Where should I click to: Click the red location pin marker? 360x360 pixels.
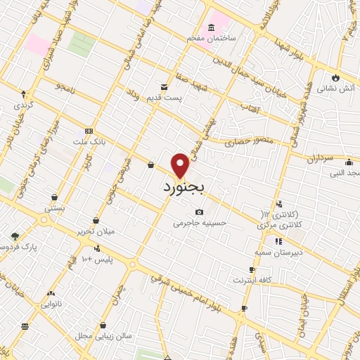tap(181, 165)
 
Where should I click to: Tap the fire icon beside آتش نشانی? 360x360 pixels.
tap(335, 77)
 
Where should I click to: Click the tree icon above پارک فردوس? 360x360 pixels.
tap(15, 237)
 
